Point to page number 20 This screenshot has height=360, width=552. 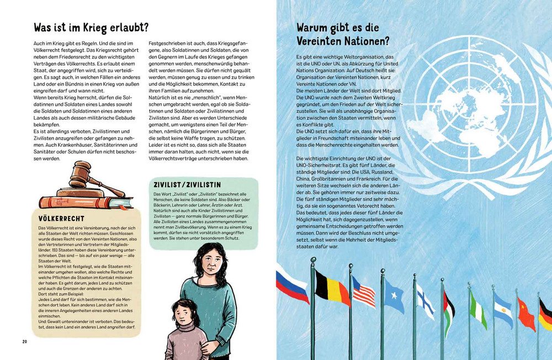[x=25, y=342]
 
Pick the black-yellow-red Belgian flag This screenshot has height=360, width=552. [x=333, y=287]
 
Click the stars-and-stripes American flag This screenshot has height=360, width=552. [x=363, y=292]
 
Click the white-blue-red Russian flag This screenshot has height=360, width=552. [x=293, y=283]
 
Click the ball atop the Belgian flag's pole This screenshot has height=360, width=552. [x=314, y=259]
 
